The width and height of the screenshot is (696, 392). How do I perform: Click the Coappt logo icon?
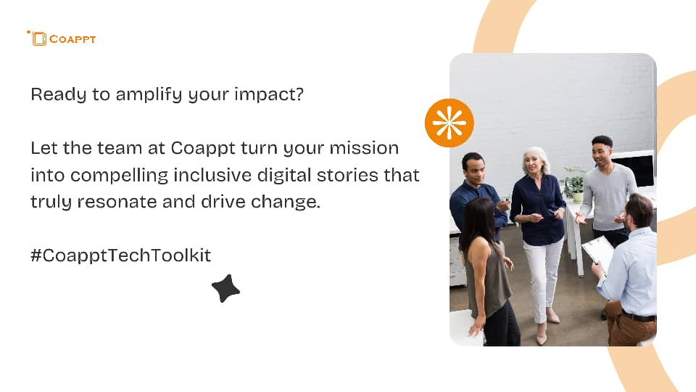pos(38,38)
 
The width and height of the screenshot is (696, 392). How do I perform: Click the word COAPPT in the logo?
pos(72,39)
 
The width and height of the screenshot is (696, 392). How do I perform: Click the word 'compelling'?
pos(120,175)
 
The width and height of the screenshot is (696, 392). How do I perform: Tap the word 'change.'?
pos(286,202)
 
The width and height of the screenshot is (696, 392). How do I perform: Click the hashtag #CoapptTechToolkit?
pos(121,255)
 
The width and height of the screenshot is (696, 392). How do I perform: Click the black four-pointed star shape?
pos(225,288)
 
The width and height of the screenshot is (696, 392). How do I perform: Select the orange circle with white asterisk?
pos(449,123)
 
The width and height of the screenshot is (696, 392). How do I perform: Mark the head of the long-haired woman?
pos(478,215)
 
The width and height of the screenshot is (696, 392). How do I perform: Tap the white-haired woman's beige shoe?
pos(552,317)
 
